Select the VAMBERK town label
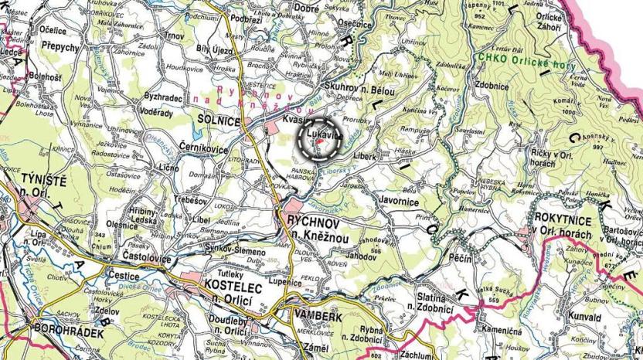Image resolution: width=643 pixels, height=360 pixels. (x=313, y=314)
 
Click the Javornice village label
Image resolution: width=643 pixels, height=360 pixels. (x=400, y=203)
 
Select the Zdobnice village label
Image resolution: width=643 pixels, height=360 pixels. (x=492, y=87)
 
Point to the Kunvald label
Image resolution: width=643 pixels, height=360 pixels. (x=583, y=317)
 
